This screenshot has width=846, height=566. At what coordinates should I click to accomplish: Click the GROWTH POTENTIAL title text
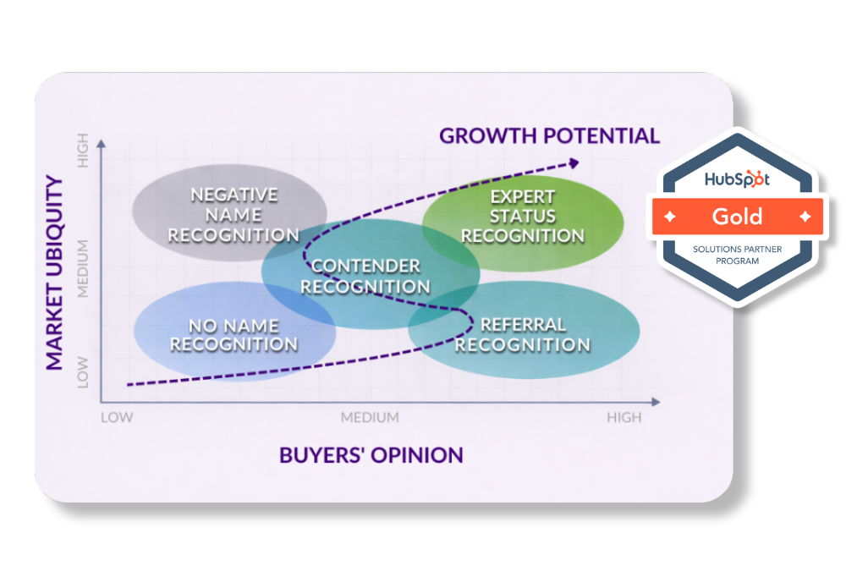pos(549,135)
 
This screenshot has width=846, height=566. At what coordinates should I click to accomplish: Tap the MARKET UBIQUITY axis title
pos(54,272)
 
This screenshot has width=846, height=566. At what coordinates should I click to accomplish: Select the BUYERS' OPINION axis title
pos(371,455)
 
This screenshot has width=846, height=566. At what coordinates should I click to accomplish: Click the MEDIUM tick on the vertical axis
pos(83,268)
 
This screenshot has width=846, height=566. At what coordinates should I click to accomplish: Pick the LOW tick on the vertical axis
pos(83,372)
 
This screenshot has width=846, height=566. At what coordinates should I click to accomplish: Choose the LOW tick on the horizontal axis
pos(117,417)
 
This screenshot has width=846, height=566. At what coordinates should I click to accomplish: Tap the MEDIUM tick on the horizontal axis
pos(370,417)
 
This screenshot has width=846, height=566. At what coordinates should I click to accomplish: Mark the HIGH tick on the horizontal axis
pos(624,417)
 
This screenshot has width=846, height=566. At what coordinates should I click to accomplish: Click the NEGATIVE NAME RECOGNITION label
pos(233,215)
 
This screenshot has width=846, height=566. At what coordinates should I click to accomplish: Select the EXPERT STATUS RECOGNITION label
pos(523,217)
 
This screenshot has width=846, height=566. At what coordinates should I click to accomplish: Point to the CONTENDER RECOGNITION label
pos(365,277)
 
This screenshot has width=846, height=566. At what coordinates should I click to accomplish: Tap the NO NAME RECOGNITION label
pos(233,335)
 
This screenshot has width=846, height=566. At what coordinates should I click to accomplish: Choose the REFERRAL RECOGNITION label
pos(523,335)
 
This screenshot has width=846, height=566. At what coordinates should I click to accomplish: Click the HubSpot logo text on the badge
pos(739,179)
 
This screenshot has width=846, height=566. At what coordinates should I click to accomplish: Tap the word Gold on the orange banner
pos(737,216)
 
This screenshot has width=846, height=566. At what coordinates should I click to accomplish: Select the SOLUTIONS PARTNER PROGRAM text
pos(738,256)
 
